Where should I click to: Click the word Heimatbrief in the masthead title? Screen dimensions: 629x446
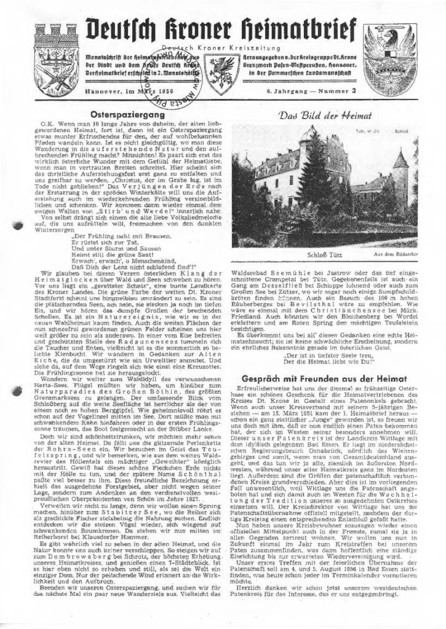pos(290,29)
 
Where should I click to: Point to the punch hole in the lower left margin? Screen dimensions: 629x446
pos(17,543)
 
